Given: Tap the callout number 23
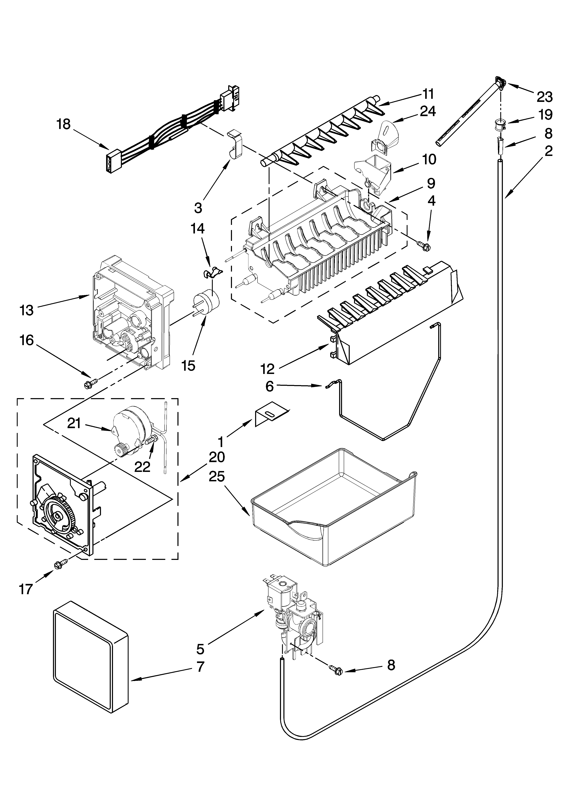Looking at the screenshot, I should click(x=545, y=97).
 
